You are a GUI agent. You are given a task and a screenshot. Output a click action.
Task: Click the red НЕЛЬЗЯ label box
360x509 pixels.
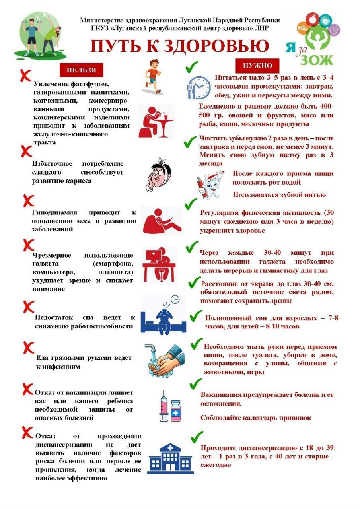click(81, 70)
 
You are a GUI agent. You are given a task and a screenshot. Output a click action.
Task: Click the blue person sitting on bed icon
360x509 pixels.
click(163, 315)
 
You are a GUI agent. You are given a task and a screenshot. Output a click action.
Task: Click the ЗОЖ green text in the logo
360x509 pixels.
click(316, 60)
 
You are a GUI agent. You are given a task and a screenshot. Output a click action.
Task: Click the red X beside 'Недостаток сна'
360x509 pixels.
click(28, 307)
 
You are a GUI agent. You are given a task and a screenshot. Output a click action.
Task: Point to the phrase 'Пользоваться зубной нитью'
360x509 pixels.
click(279, 195)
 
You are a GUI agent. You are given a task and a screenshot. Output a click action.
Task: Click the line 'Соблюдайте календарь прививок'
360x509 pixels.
click(256, 418)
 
